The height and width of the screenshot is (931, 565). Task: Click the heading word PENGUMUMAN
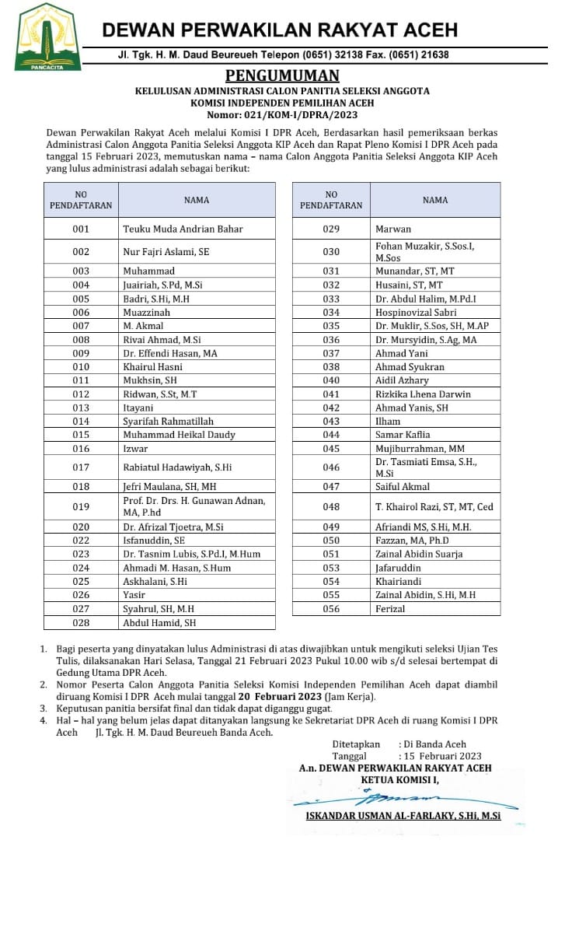tap(282, 75)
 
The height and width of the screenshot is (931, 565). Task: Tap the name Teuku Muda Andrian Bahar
tap(183, 229)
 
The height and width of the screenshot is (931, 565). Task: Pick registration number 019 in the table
tap(81, 506)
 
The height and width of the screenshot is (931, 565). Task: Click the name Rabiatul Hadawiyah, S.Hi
tap(177, 467)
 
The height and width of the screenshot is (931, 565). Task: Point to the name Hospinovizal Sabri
tap(417, 313)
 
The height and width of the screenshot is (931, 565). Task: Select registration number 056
tap(331, 609)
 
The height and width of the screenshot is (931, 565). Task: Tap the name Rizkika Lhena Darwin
tap(423, 394)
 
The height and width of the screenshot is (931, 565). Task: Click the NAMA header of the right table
tap(435, 200)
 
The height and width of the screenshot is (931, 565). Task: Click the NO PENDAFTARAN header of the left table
tap(81, 200)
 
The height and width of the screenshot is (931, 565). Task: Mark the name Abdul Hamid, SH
tap(159, 623)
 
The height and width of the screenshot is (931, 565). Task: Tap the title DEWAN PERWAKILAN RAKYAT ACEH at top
tap(280, 30)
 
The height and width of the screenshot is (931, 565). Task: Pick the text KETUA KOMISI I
tap(399, 779)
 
